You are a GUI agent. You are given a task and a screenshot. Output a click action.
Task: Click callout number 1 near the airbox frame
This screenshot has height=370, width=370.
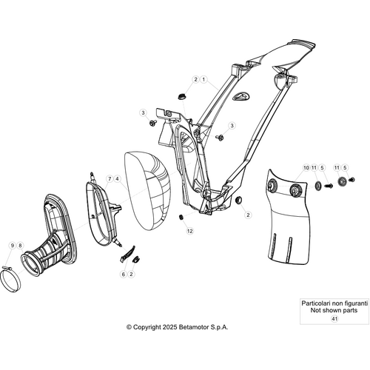203,80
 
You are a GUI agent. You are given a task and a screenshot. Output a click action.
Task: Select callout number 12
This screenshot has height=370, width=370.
189,231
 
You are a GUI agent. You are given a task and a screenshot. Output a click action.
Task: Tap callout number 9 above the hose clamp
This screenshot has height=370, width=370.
13,246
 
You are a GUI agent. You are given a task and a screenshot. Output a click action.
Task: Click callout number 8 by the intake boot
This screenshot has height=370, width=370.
20,246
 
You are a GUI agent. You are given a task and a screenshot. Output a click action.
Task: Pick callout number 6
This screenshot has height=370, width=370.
124,274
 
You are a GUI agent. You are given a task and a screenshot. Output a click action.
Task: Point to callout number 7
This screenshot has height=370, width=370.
110,178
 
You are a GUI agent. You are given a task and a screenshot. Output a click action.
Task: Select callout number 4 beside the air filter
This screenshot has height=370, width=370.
118,178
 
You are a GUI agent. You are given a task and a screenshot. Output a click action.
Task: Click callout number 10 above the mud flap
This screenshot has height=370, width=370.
306,168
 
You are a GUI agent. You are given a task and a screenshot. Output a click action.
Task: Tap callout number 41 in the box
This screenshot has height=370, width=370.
334,319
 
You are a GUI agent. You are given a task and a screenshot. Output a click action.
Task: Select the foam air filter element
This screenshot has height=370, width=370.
148,190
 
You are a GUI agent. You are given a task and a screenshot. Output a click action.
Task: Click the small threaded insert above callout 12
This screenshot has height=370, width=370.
181,218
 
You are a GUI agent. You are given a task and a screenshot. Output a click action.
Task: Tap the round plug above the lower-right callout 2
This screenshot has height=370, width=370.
238,200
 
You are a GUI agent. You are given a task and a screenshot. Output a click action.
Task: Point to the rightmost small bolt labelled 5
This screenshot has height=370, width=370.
352,179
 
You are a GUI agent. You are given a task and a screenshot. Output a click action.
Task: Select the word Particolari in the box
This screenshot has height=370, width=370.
314,303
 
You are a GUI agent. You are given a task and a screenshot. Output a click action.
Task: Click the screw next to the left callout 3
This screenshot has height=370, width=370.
152,122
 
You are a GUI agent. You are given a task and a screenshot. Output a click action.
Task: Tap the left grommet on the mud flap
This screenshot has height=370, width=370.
272,186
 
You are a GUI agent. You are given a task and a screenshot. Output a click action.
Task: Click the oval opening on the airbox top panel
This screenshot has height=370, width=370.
240,96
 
